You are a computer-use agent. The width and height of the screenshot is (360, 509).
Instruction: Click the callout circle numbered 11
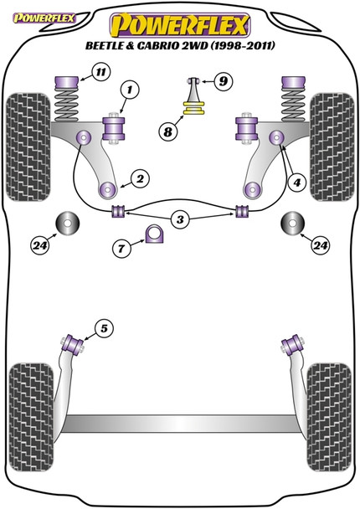(x=100, y=71)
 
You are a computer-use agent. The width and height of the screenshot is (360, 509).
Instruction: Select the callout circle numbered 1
(x=130, y=89)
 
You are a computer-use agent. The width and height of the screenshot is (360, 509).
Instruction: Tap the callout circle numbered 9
(x=223, y=80)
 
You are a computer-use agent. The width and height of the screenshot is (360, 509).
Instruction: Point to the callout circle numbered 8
(x=167, y=131)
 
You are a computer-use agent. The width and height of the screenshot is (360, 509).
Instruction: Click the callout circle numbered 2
(x=140, y=179)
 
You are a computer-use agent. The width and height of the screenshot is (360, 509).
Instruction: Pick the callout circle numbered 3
(x=180, y=219)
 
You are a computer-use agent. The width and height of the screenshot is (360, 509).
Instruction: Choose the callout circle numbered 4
(x=296, y=183)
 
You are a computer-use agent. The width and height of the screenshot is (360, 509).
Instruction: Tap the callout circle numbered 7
(x=121, y=249)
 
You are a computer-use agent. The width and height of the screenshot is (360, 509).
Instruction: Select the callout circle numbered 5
(x=104, y=328)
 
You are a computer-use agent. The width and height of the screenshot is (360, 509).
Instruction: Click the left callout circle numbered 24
(x=40, y=245)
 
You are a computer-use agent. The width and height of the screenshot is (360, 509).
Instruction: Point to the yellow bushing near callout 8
(x=193, y=108)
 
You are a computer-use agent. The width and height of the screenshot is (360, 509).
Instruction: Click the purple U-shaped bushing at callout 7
(x=154, y=234)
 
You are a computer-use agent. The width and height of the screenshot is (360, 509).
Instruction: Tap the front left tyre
(x=28, y=147)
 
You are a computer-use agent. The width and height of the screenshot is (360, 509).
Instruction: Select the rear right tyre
(x=329, y=416)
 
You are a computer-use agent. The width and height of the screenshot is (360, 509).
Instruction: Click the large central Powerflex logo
(x=180, y=25)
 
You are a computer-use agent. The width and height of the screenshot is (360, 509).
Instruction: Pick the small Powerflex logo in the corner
(x=44, y=18)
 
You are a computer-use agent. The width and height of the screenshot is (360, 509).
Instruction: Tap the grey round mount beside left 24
(x=68, y=223)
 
